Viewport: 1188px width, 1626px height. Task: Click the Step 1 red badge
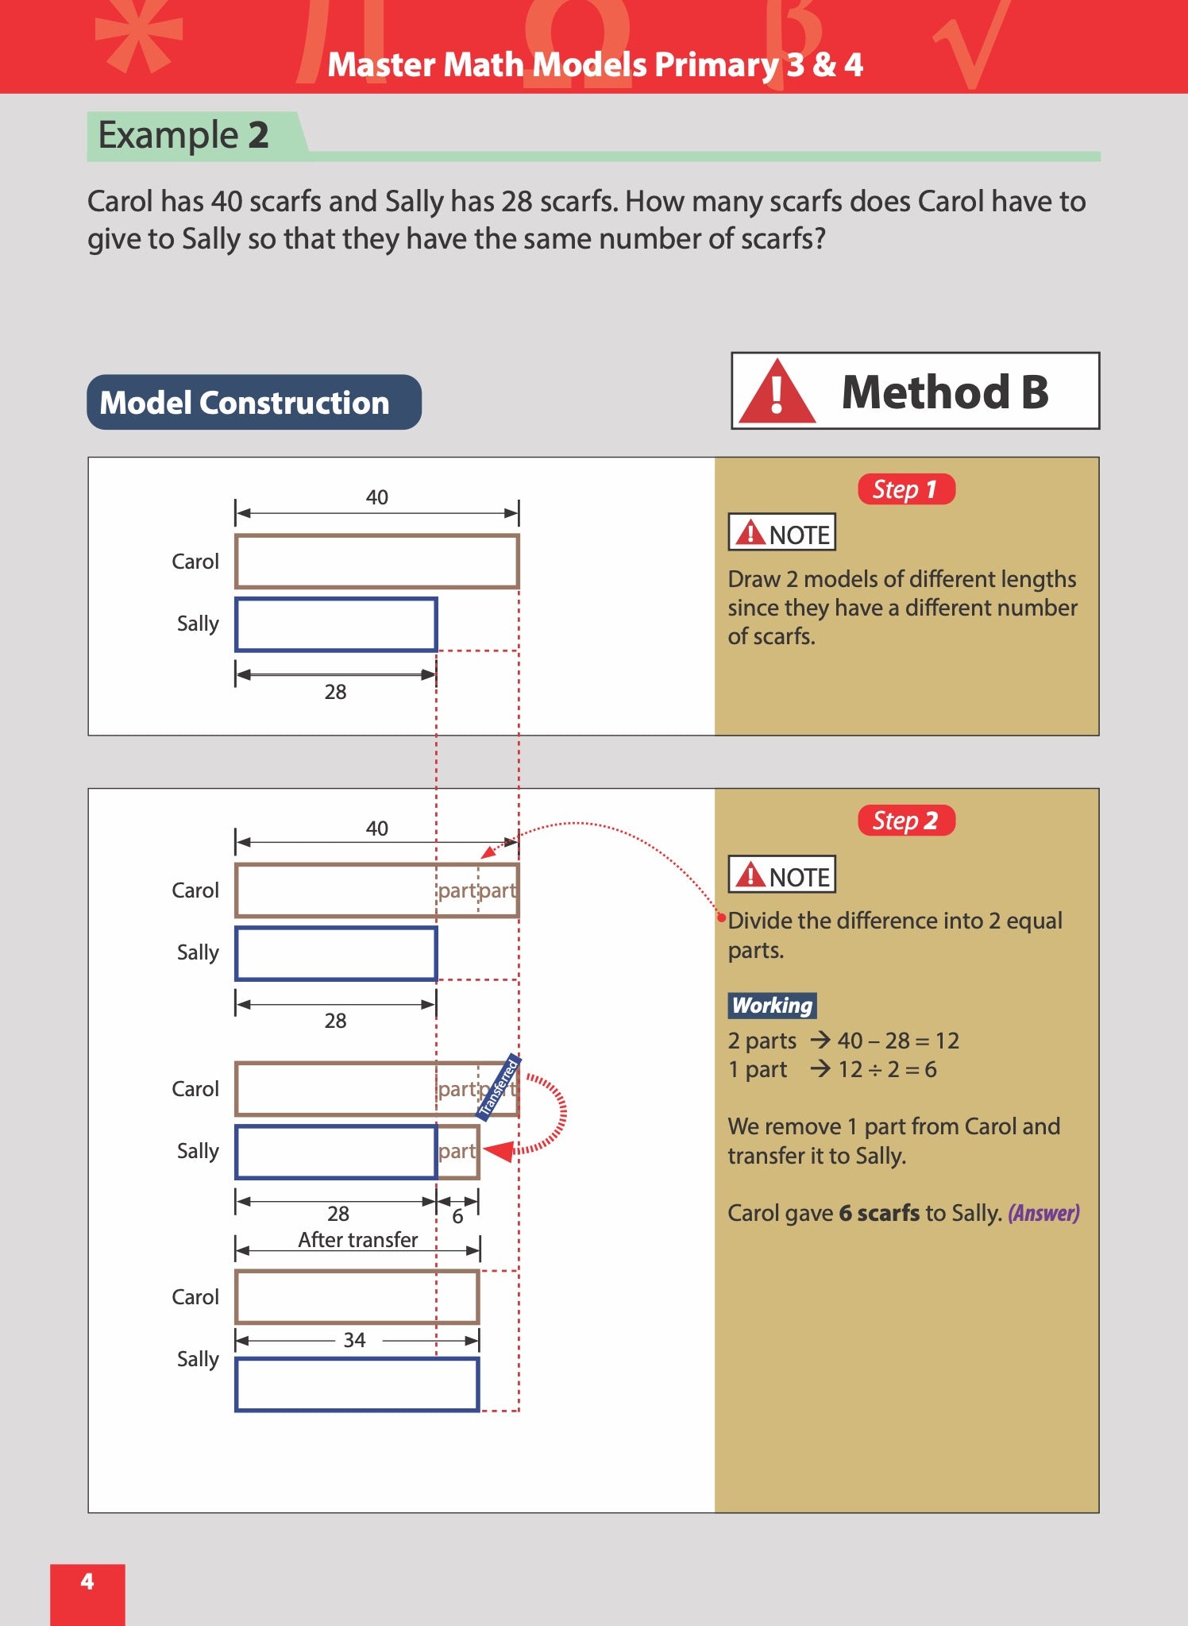coord(905,489)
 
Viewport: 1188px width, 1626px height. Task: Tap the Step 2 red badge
coord(905,821)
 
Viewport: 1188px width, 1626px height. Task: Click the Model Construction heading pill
coord(253,403)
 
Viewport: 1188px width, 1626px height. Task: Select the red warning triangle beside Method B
coord(777,392)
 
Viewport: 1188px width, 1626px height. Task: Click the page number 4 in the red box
coord(87,1582)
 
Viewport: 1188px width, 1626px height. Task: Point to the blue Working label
coord(772,1006)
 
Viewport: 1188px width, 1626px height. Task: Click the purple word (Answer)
coord(1043,1213)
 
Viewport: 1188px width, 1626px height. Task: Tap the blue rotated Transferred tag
coord(498,1088)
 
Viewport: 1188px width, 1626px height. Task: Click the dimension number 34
coord(354,1340)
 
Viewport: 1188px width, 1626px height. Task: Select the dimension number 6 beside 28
coord(457,1217)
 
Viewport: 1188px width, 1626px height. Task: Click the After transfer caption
coord(357,1240)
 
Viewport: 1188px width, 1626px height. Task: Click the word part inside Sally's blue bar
coord(457,1151)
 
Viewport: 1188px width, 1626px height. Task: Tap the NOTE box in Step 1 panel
coord(781,533)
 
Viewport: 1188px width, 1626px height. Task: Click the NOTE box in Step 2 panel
coord(781,875)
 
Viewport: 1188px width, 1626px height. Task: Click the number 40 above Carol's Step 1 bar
coord(376,497)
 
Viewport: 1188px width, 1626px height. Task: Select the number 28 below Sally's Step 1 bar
coord(335,692)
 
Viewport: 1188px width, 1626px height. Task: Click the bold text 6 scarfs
coord(879,1213)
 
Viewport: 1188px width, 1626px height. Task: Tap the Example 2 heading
coord(183,135)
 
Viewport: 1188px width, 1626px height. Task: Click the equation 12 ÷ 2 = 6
coord(887,1069)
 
